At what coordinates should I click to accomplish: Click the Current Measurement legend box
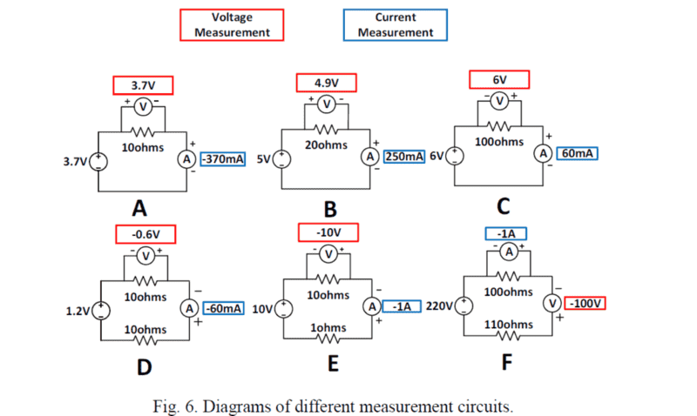[x=396, y=24]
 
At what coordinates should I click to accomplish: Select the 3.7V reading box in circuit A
[x=143, y=85]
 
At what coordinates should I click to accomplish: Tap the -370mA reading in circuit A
[x=223, y=159]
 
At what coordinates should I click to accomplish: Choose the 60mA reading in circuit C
[x=578, y=154]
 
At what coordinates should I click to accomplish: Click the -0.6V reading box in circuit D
[x=145, y=234]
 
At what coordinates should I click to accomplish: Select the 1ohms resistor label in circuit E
[x=329, y=328]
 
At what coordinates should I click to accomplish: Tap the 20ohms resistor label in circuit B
[x=327, y=144]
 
